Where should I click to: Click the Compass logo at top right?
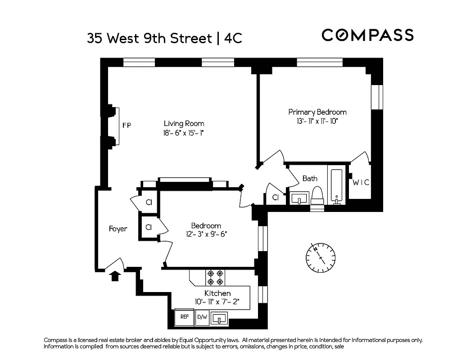[367, 35]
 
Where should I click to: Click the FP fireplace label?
[127, 126]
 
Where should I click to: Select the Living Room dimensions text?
[184, 133]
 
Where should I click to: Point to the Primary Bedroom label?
[317, 112]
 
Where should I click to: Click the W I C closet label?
[361, 182]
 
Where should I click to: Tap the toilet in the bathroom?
[317, 195]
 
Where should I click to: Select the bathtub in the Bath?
[336, 185]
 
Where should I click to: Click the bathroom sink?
[299, 198]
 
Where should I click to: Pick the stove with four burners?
[215, 277]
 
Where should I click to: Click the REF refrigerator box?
[184, 317]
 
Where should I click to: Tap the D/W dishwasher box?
[202, 317]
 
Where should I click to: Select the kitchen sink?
[220, 318]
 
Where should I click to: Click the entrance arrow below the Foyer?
[115, 275]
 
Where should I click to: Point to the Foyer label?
[118, 229]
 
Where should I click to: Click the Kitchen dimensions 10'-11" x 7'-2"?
[217, 301]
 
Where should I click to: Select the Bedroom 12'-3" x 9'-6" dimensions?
[206, 234]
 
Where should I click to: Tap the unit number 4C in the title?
[233, 38]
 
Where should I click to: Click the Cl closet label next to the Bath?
[276, 198]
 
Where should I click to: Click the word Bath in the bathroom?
[310, 179]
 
